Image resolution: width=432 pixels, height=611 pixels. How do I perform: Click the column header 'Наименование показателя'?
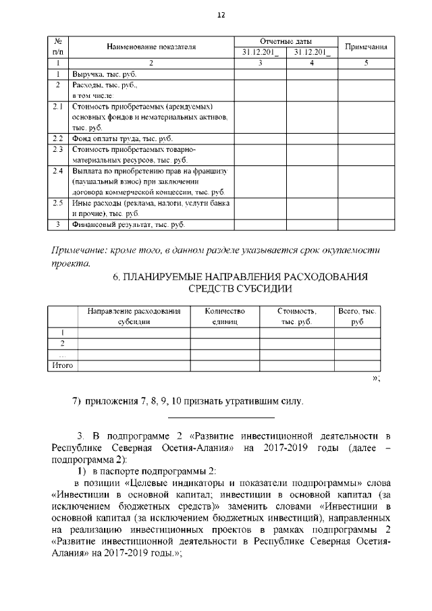pos(151,47)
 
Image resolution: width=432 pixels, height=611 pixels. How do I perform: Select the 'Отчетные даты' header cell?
pos(286,41)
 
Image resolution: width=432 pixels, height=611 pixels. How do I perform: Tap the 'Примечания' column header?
pos(366,47)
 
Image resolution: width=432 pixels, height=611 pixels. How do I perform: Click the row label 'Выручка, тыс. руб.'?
pos(104,74)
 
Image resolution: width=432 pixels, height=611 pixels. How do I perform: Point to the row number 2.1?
pos(59,107)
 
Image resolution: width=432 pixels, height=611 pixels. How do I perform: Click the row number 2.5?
pos(59,203)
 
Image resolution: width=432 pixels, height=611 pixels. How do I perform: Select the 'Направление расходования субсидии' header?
pos(134,317)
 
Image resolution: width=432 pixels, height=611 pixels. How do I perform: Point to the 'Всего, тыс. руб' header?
pos(357,317)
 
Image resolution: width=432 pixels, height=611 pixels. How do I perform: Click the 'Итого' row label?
pos(62,365)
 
